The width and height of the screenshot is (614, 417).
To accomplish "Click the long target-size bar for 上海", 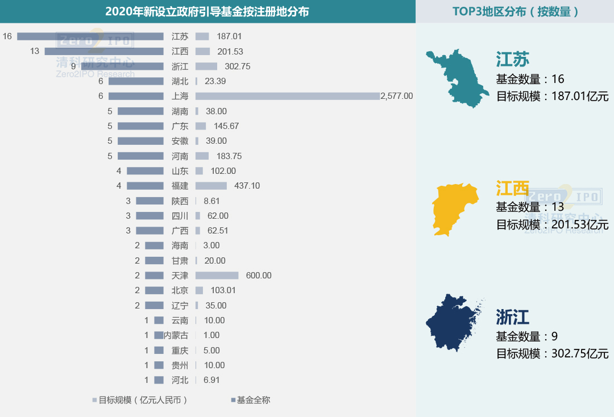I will click(x=287, y=96).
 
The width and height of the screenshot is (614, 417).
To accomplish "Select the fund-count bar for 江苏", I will click(x=90, y=36).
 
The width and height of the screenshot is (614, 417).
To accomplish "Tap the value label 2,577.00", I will click(x=397, y=96).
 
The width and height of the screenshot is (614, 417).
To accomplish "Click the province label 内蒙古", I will click(x=176, y=335).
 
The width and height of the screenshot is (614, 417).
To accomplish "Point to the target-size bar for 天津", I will click(x=217, y=276).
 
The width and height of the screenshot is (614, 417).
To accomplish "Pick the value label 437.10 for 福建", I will click(x=247, y=186).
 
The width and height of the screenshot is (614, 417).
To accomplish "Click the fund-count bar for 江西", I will click(x=104, y=51).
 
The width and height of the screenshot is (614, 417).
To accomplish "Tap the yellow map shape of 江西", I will click(x=454, y=208).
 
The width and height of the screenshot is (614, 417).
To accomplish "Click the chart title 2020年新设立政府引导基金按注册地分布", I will click(x=207, y=11).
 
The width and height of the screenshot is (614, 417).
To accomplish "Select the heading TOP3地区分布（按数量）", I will click(x=515, y=11).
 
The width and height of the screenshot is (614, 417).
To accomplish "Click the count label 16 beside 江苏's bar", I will click(x=7, y=36).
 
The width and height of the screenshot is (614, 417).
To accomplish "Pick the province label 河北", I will click(x=180, y=380).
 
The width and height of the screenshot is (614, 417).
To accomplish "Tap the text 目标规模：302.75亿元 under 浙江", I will click(x=552, y=353).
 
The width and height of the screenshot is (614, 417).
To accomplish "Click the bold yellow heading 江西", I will click(x=512, y=188).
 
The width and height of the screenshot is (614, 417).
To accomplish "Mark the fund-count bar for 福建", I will click(x=145, y=186).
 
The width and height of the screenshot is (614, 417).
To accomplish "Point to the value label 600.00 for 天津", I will click(x=259, y=276).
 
